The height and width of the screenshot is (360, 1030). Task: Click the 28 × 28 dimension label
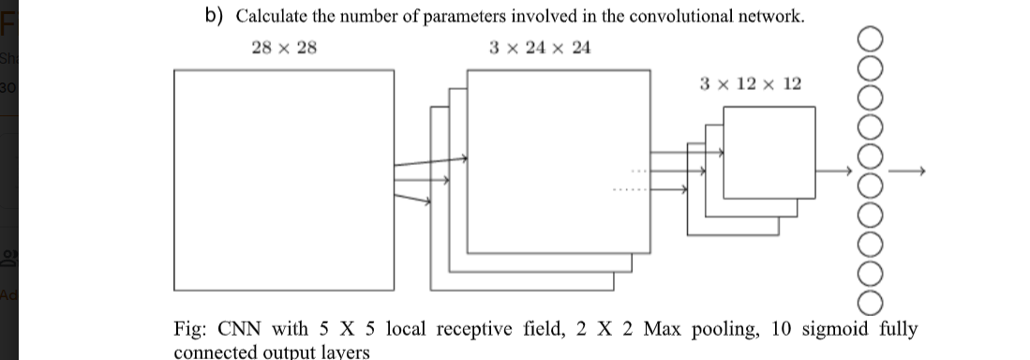point(285,47)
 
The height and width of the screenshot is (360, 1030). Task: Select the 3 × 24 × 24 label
point(540,47)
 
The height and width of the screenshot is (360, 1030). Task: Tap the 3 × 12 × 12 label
point(751,84)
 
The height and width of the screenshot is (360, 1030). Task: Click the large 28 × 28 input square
point(284,180)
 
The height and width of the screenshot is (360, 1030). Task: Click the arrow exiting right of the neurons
point(907,171)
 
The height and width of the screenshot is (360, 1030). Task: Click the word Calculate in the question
point(272,16)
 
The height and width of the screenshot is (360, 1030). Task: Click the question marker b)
point(215,16)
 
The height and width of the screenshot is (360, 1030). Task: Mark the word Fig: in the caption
point(192,329)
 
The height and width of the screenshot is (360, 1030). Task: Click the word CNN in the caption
point(239,329)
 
